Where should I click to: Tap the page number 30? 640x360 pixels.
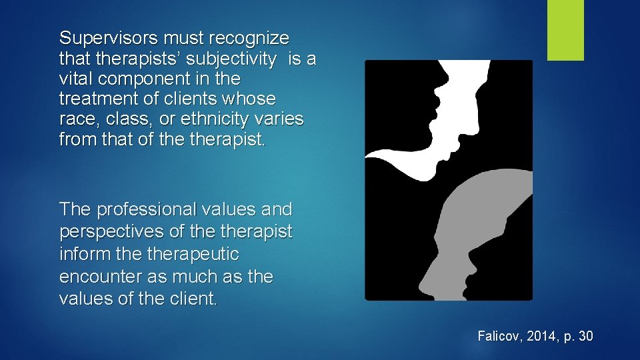pyautogui.click(x=585, y=336)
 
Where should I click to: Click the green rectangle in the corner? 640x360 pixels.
pyautogui.click(x=565, y=30)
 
